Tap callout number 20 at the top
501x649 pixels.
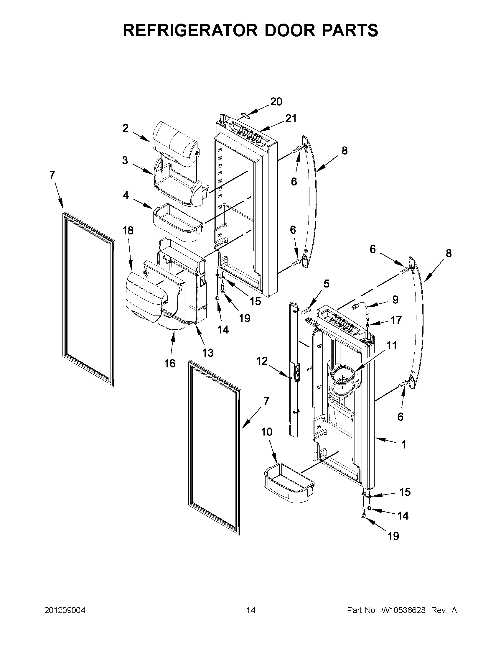[276, 102]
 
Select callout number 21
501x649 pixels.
[291, 119]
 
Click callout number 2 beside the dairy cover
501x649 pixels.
[125, 128]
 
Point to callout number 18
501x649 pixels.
[128, 231]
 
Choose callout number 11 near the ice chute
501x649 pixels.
[392, 346]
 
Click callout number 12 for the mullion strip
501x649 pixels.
[262, 361]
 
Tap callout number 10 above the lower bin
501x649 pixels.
[267, 432]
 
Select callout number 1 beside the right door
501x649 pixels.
[403, 453]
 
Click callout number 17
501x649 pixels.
[396, 320]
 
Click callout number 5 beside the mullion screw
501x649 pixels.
[326, 284]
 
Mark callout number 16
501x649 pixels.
[170, 363]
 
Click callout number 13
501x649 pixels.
[208, 353]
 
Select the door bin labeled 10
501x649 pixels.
[288, 486]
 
